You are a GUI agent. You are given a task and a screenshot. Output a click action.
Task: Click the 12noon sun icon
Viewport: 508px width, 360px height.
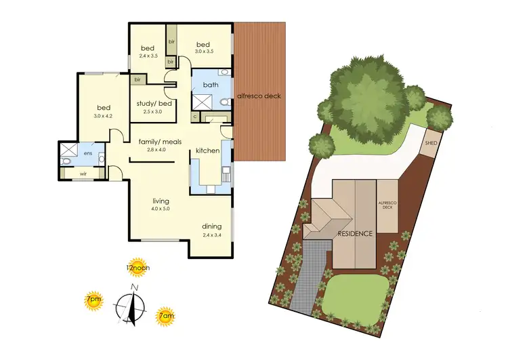tap(137, 266)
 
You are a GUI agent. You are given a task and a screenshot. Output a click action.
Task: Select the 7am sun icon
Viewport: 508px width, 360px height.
tap(165, 315)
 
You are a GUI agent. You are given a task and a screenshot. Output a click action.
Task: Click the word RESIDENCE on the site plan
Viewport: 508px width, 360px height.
tap(356, 234)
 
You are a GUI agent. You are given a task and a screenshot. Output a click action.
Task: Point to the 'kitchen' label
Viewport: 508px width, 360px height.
tap(207, 150)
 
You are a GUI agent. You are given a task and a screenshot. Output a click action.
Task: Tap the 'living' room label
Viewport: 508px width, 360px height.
tap(161, 201)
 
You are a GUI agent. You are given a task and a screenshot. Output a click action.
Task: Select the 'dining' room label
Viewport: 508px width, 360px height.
tap(212, 226)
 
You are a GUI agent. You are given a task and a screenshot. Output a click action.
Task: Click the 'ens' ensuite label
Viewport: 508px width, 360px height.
tap(88, 153)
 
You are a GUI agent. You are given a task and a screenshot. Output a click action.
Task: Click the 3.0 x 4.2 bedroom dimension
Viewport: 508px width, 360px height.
tap(103, 116)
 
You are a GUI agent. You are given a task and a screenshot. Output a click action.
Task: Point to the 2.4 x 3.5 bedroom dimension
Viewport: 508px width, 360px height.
tap(148, 56)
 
